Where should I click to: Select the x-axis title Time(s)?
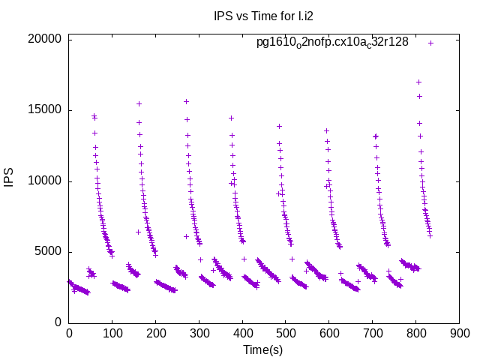point(262,349)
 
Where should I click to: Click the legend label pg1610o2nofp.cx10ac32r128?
point(332,43)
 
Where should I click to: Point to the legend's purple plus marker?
point(430,43)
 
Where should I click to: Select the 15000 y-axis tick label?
point(44,110)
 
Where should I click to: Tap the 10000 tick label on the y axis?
point(44,181)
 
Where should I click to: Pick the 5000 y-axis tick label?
point(47,252)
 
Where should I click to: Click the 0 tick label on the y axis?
point(57,322)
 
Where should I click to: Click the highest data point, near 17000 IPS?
point(418,82)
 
